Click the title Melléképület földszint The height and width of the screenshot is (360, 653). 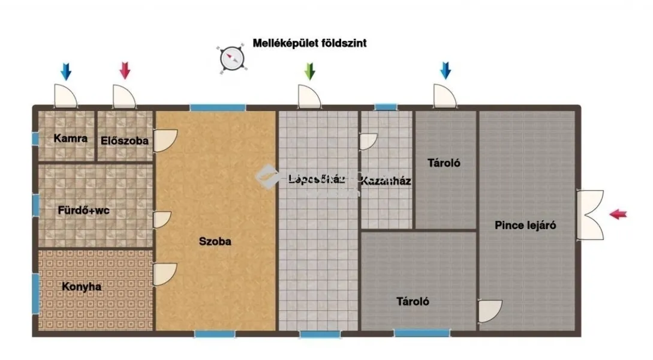pyautogui.click(x=309, y=43)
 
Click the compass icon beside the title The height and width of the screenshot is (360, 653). pyautogui.click(x=231, y=58)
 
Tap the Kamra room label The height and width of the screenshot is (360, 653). pyautogui.click(x=70, y=139)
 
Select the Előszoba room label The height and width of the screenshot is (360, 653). pyautogui.click(x=125, y=142)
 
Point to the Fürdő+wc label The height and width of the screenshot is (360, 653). pyautogui.click(x=83, y=211)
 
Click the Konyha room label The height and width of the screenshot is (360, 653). pyautogui.click(x=82, y=287)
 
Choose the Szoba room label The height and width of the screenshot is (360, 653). pyautogui.click(x=215, y=242)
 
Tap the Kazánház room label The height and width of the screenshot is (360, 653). pyautogui.click(x=386, y=180)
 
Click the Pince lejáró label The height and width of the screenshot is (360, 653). pyautogui.click(x=525, y=226)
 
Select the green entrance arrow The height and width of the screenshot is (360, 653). pyautogui.click(x=309, y=71)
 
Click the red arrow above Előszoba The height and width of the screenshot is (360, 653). pyautogui.click(x=125, y=71)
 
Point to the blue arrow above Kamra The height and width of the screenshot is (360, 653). pyautogui.click(x=65, y=71)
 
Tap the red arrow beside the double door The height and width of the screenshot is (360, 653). pyautogui.click(x=618, y=214)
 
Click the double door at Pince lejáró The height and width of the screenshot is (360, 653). pyautogui.click(x=589, y=214)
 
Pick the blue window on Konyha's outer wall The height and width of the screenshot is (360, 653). pyautogui.click(x=35, y=293)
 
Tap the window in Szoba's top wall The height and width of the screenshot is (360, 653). pyautogui.click(x=218, y=108)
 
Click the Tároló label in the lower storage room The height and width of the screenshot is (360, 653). pyautogui.click(x=413, y=302)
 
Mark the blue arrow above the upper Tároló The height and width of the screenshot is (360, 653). pyautogui.click(x=445, y=71)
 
